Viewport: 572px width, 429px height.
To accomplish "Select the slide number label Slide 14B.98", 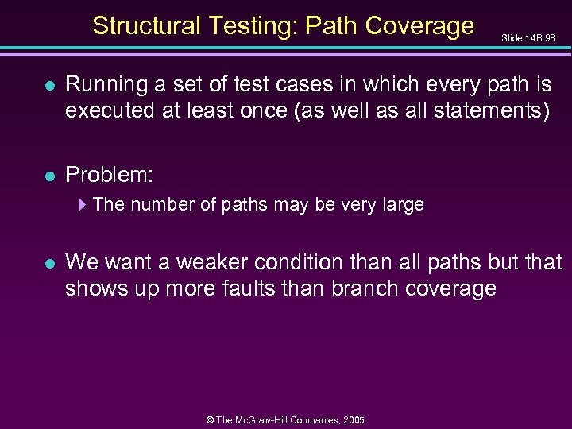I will pos(528,37).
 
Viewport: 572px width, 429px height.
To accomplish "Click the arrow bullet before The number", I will pos(83,204).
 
